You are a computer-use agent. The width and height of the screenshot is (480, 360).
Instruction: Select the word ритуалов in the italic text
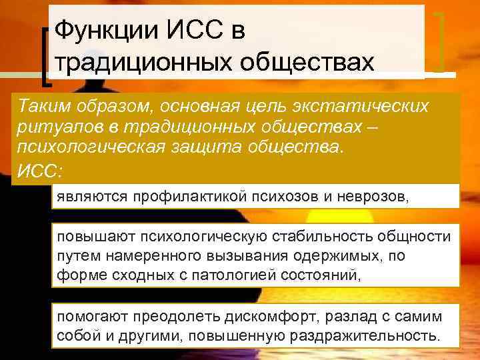(x=51, y=127)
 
